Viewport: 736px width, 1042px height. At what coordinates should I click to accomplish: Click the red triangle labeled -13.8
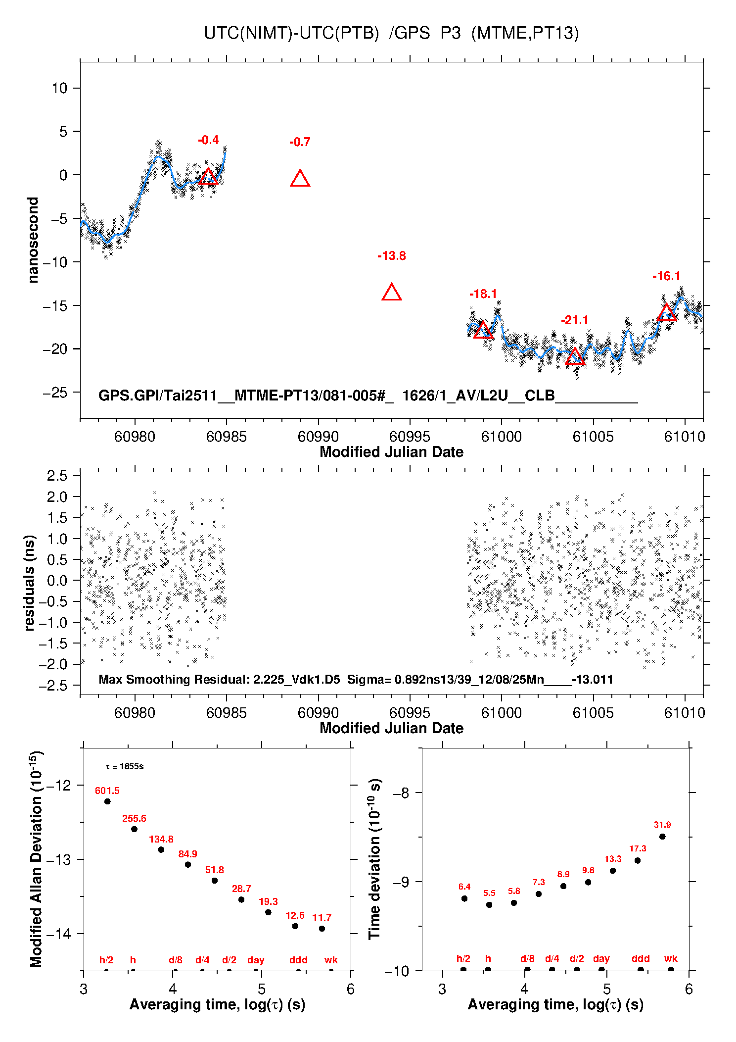pos(391,293)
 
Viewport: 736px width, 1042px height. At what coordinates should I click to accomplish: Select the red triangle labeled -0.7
pos(300,179)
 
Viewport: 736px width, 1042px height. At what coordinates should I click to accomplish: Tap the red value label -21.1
pos(574,320)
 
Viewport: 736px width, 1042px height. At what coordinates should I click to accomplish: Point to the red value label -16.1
pos(666,276)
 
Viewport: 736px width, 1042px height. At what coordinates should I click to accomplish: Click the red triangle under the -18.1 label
pos(483,330)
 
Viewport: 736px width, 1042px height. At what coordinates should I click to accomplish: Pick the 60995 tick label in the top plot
pos(410,437)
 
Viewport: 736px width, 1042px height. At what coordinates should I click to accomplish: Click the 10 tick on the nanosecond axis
pos(59,88)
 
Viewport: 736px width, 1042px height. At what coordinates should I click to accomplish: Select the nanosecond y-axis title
pos(33,240)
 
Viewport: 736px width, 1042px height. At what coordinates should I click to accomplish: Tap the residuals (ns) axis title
pos(29,583)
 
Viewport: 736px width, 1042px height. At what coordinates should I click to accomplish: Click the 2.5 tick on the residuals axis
pos(57,476)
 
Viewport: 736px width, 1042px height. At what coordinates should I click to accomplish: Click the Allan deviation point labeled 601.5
pos(107,801)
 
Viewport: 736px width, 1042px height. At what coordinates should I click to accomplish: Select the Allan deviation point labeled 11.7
pos(322,929)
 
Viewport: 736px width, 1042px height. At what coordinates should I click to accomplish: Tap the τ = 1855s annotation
pos(124,767)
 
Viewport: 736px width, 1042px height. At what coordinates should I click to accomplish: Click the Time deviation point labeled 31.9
pos(662,837)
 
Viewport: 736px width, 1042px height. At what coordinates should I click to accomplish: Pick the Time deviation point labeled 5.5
pos(489,905)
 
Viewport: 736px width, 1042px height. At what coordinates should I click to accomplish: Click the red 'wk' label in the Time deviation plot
pos(670,959)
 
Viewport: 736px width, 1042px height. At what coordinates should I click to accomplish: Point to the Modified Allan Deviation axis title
pos(36,859)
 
